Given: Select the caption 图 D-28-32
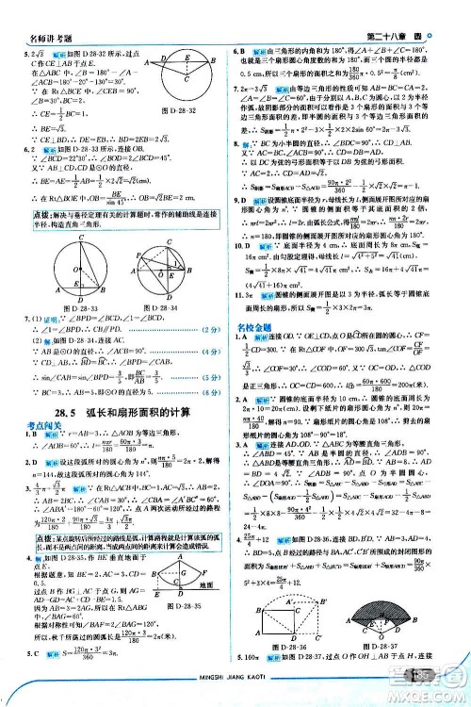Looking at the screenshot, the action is [178, 111].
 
